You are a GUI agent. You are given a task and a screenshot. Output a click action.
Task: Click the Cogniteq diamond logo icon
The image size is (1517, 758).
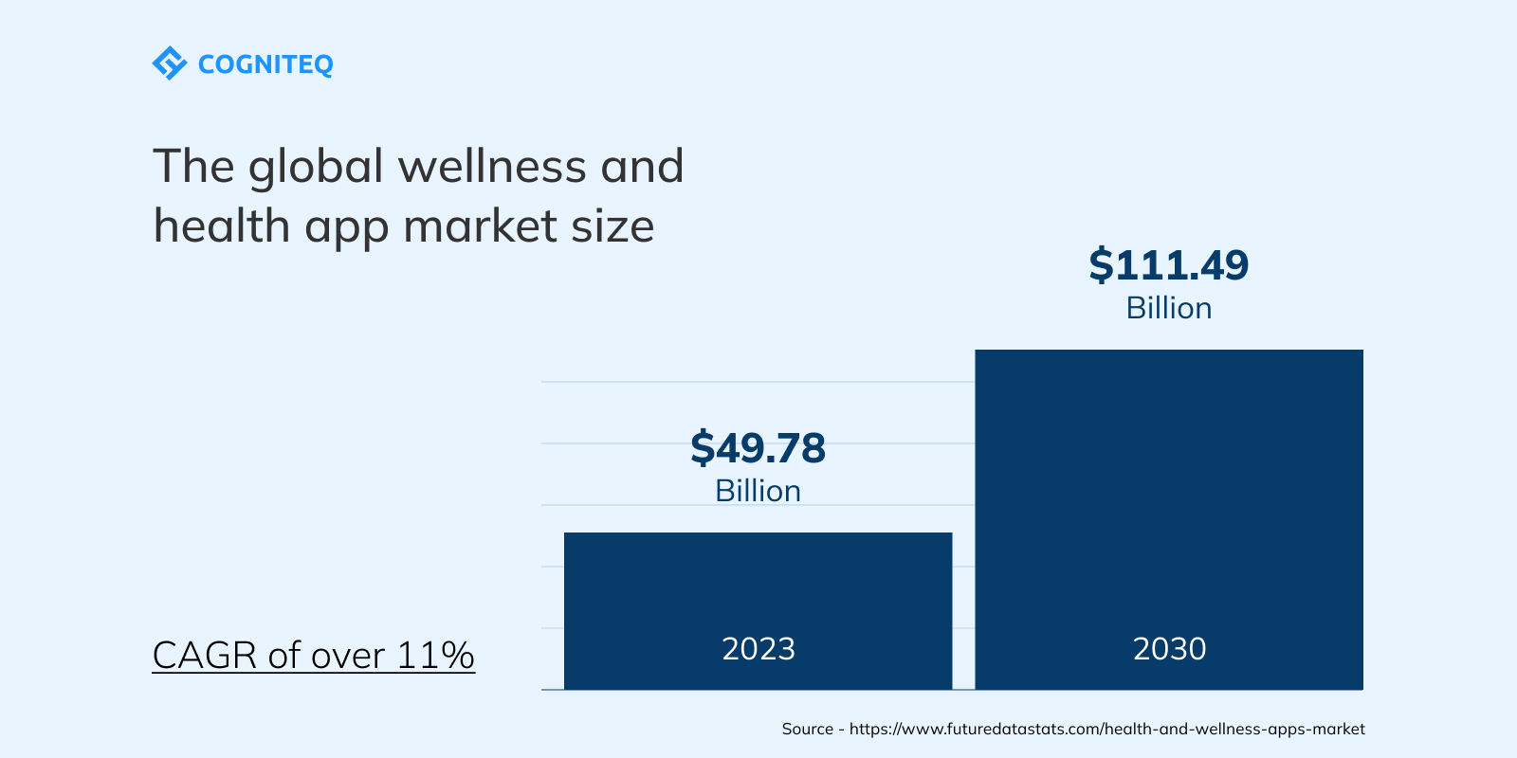pos(169,63)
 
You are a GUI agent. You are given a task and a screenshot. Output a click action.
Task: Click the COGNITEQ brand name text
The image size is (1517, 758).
pos(265,64)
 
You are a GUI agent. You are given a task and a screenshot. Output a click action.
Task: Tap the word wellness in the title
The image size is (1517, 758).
pos(492,167)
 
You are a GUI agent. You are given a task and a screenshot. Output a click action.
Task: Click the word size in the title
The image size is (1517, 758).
pos(612,227)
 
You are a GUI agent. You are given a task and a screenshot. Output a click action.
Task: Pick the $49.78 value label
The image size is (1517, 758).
pos(758,447)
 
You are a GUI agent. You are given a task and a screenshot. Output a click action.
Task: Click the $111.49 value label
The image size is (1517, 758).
pos(1168,265)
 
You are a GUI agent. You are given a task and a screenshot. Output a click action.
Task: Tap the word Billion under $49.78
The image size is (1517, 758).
pos(758,491)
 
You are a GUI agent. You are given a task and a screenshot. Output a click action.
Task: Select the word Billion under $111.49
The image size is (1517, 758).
pos(1168,308)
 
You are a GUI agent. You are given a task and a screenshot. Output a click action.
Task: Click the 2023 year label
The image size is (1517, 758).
pos(758,649)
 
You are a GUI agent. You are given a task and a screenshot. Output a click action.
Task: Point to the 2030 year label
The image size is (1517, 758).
pos(1169,649)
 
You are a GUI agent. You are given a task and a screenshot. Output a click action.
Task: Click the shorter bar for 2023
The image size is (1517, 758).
pos(758,587)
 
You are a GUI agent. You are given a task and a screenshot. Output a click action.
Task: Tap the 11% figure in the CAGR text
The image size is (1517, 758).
pos(435,656)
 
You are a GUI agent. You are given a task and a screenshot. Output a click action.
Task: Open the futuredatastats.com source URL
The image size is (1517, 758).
pos(1106,729)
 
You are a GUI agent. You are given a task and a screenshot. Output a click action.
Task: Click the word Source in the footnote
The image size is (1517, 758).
pos(807,729)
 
